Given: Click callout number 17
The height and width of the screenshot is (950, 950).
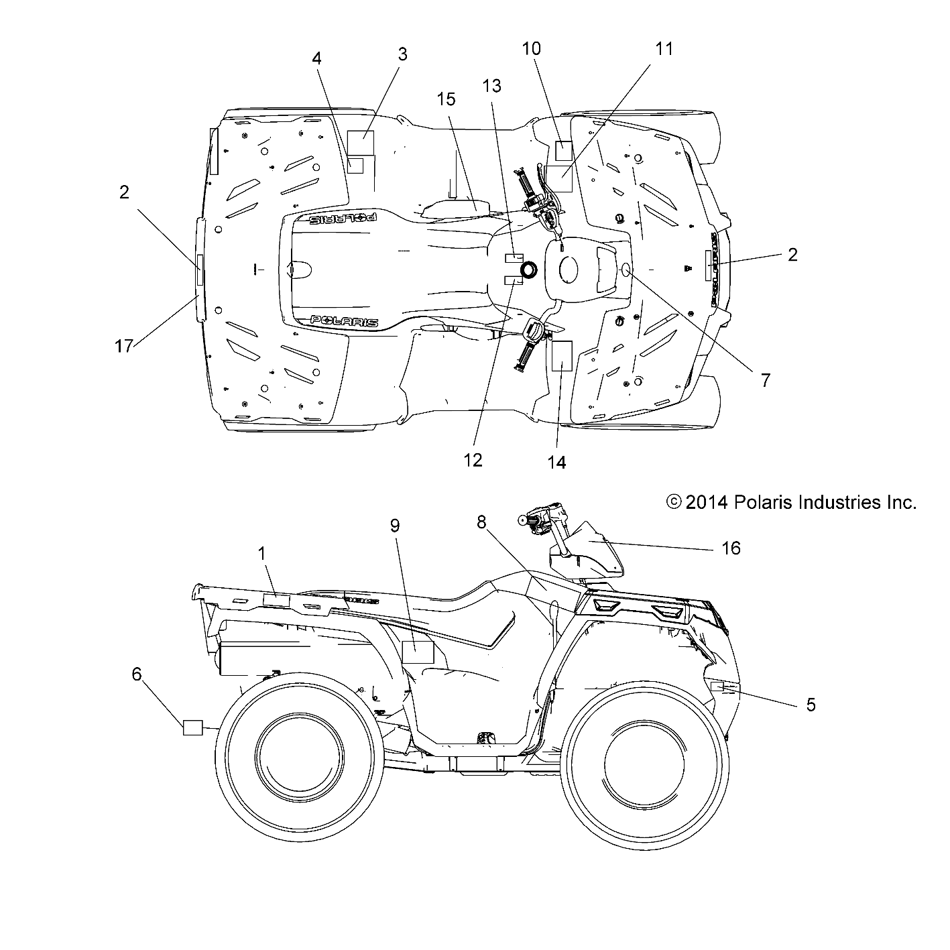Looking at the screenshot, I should click(x=123, y=347).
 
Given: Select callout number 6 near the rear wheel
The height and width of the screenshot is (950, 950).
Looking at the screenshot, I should click(x=137, y=674).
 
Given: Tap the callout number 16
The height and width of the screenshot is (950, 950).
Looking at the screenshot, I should click(x=731, y=548).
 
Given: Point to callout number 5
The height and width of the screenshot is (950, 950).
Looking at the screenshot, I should click(x=810, y=705).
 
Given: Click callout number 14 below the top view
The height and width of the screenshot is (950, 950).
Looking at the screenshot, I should click(x=556, y=462).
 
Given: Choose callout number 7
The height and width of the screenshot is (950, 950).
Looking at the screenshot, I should click(x=765, y=380).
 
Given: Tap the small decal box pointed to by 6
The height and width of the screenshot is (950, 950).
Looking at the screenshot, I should click(x=192, y=727).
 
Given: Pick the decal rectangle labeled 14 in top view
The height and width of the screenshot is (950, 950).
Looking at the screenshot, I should click(x=560, y=356).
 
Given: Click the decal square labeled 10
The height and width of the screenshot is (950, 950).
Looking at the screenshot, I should click(x=563, y=151).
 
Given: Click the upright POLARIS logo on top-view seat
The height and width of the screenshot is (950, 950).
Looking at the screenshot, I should click(x=345, y=322).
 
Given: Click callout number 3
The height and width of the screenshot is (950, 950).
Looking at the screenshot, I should click(x=402, y=54).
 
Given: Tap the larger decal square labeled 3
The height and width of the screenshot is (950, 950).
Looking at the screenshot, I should click(x=361, y=143).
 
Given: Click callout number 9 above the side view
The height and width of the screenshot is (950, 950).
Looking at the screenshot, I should click(x=395, y=526).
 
